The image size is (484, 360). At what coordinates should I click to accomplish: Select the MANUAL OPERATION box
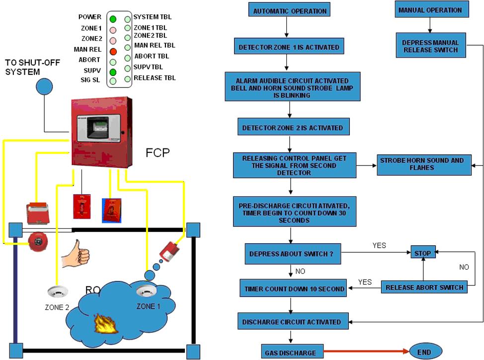[x=430, y=10]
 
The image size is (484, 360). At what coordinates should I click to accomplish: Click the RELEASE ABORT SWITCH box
[x=424, y=287]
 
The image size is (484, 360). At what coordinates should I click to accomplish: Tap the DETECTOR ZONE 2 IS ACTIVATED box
[x=292, y=128]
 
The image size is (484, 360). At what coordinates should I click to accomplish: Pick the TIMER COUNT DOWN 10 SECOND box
[x=295, y=288]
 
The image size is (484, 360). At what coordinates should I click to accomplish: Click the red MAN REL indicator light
[x=113, y=51]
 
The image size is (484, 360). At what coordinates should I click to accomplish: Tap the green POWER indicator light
[x=113, y=19]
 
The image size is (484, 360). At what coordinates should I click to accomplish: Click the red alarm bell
[x=37, y=241]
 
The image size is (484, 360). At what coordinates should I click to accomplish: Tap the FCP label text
[x=158, y=152]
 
